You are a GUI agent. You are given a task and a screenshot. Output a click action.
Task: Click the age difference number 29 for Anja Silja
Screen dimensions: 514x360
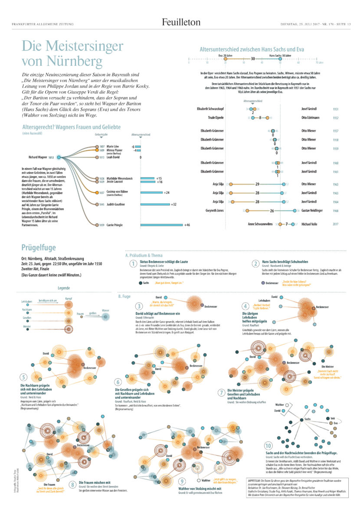tap(257, 184)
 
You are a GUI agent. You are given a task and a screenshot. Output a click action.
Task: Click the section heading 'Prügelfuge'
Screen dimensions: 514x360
tap(39, 248)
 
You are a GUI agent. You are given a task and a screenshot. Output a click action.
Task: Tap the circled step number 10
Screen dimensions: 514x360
tap(268, 446)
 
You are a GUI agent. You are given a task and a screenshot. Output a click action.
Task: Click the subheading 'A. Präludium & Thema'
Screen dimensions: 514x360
tap(143, 255)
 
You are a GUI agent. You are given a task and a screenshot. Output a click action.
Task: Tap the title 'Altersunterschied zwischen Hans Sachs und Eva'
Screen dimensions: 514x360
tap(256, 50)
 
